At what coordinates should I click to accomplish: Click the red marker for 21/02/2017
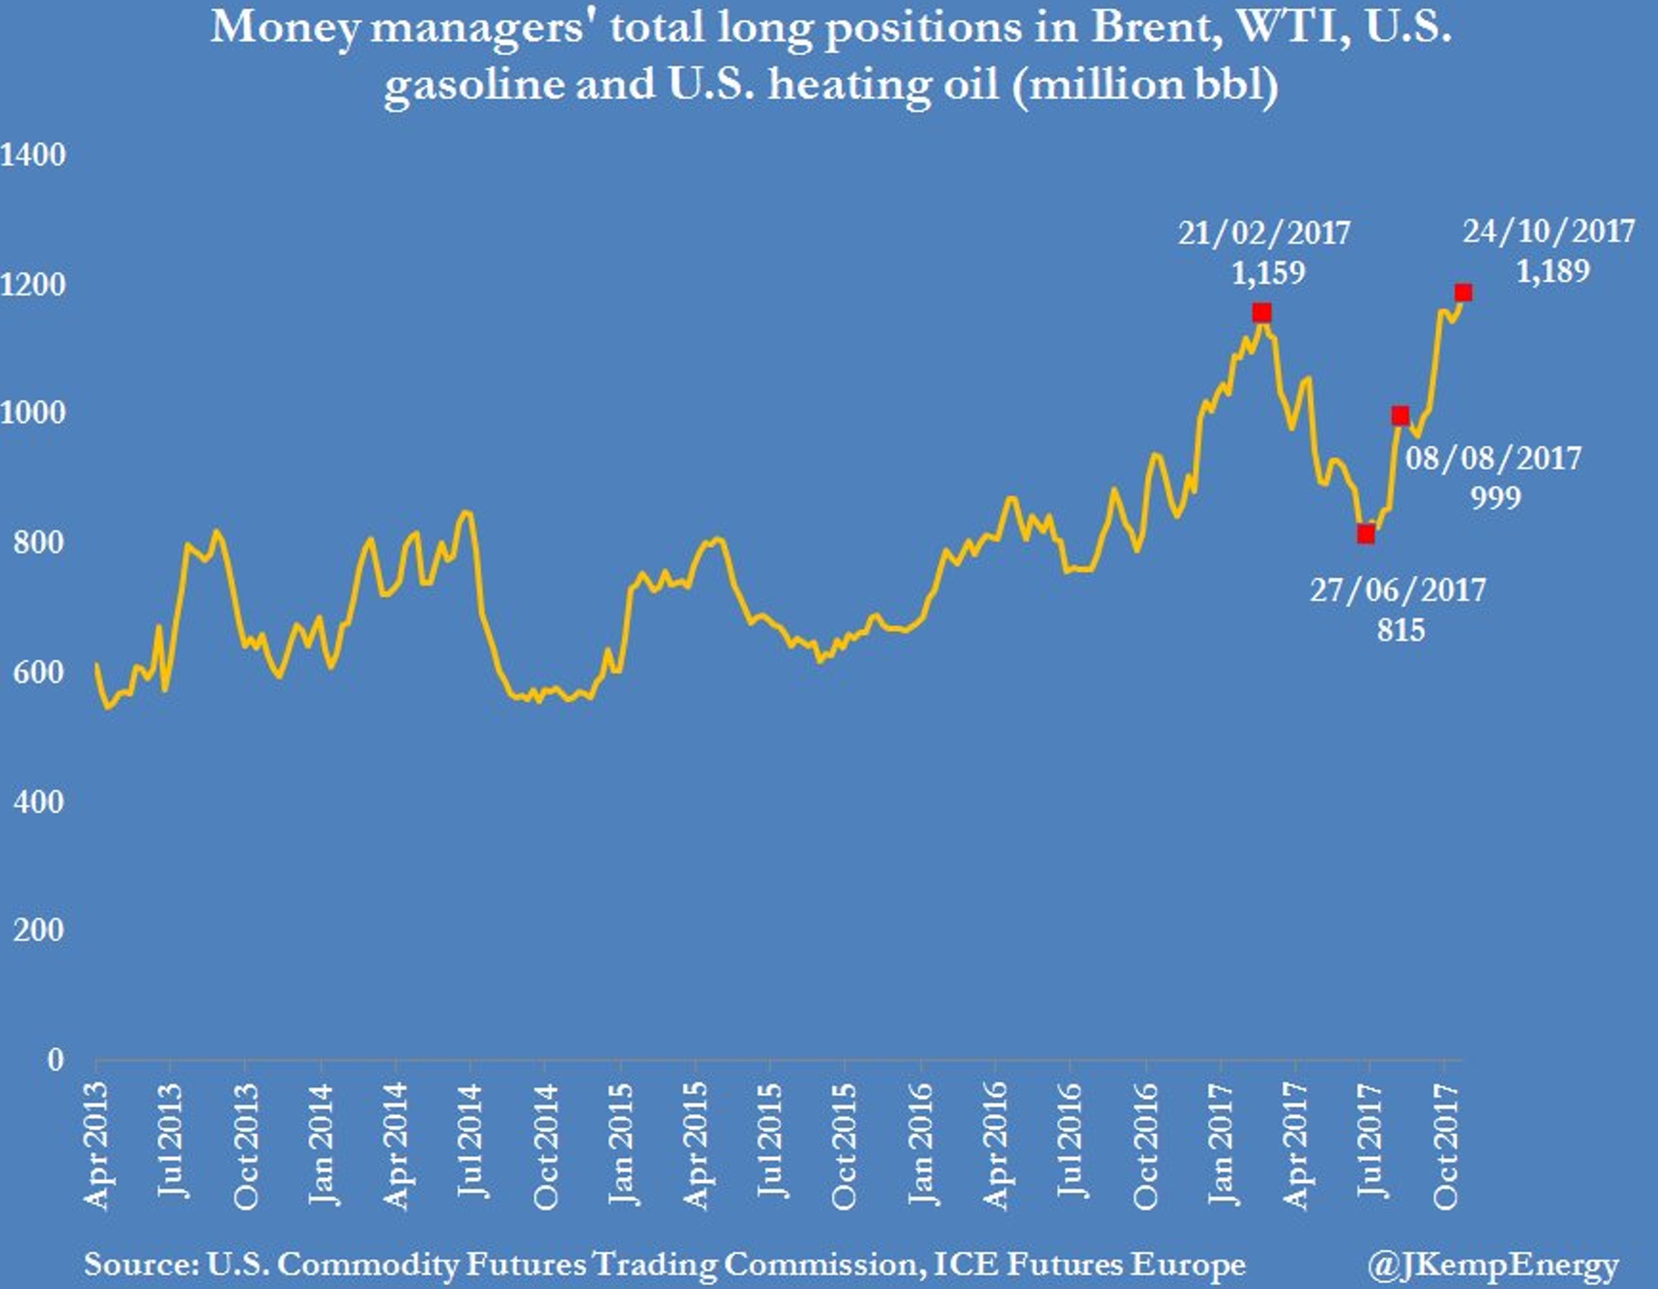click(x=1262, y=313)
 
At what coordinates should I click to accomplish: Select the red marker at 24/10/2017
click(x=1463, y=293)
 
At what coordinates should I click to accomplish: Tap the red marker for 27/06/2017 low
click(x=1366, y=534)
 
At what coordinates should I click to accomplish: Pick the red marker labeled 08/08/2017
click(x=1401, y=416)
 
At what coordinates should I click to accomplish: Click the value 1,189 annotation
click(x=1553, y=271)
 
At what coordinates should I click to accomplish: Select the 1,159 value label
click(x=1268, y=273)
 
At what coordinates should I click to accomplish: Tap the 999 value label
click(x=1495, y=498)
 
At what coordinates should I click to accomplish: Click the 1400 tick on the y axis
click(x=34, y=156)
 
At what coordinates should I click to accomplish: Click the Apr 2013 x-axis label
click(x=97, y=1145)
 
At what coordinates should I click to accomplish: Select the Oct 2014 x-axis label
click(x=545, y=1145)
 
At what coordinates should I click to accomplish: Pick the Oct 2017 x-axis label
click(x=1445, y=1145)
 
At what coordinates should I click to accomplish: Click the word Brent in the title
click(x=1153, y=29)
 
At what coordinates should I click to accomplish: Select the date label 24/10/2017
click(x=1549, y=232)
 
